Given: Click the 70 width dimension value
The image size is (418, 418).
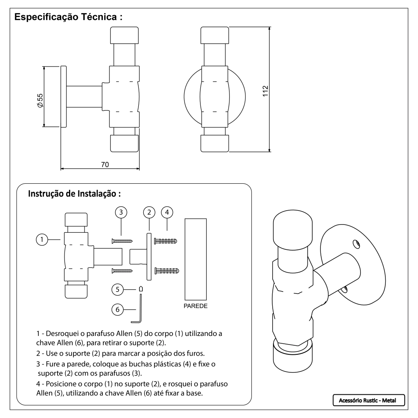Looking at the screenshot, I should click(104, 164).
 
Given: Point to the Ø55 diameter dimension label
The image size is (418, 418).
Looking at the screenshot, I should click(40, 100).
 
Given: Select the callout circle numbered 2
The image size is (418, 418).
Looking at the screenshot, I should click(149, 212).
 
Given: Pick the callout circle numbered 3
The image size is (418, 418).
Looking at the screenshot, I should click(120, 212).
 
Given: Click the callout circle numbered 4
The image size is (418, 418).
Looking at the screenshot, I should click(167, 212).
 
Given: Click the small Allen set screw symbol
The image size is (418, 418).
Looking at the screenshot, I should click(141, 289).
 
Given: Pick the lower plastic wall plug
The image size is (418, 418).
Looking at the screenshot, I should click(166, 270).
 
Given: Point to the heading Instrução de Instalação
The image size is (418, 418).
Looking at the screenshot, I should click(74, 193).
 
